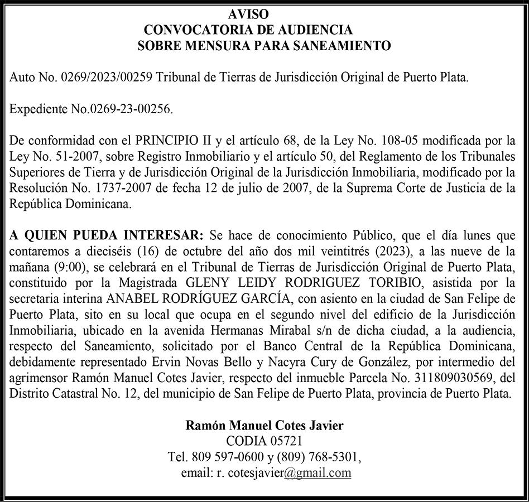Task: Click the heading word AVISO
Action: [248, 15]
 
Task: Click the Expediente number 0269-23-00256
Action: [129, 109]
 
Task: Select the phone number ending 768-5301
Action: [340, 457]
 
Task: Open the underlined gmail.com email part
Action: [317, 472]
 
